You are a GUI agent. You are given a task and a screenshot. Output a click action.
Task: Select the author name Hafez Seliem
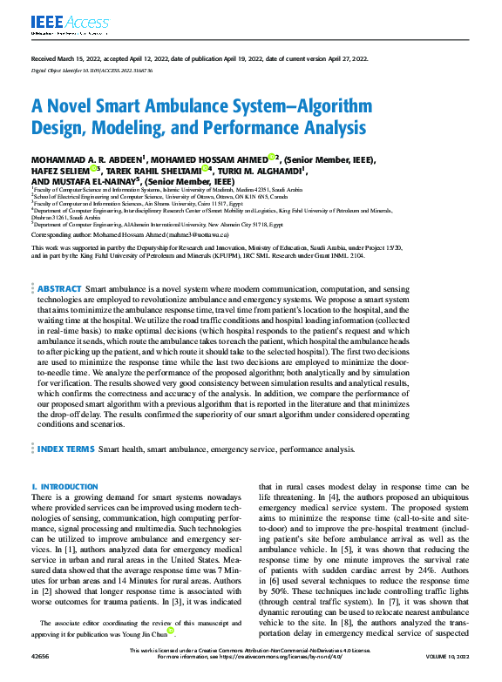click(x=62, y=171)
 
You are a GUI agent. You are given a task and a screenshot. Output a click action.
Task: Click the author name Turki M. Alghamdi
click(x=260, y=171)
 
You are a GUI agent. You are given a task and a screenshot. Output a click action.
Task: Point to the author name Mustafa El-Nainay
click(x=97, y=181)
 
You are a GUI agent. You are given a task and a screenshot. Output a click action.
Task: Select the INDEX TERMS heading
click(x=65, y=449)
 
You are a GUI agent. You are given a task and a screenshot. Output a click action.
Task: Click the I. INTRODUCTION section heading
click(x=64, y=486)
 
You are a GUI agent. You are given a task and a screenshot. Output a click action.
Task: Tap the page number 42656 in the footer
click(x=41, y=675)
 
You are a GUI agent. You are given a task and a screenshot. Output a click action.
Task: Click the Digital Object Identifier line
click(x=92, y=70)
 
